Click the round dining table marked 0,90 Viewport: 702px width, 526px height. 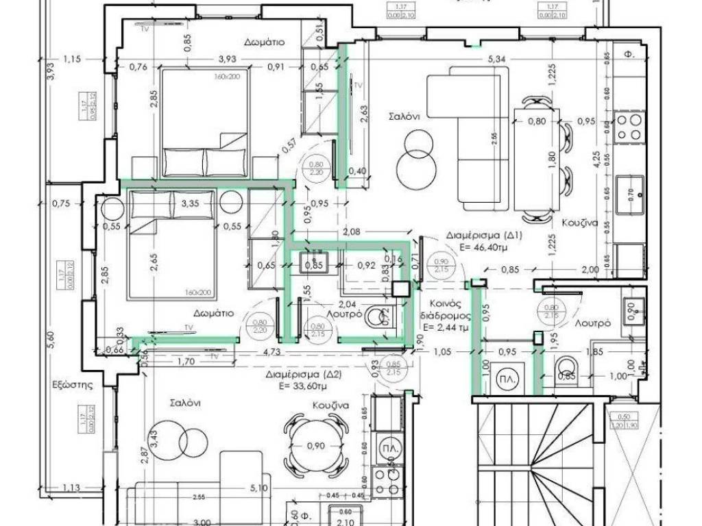click(x=315, y=446)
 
